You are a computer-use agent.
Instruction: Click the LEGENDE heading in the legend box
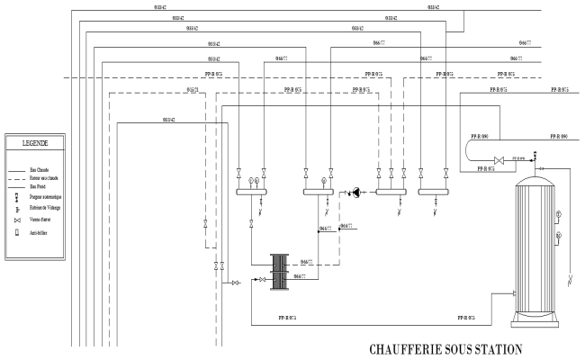(36, 142)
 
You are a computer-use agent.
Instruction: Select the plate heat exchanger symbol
(281, 270)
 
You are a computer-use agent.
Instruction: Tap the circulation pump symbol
(355, 192)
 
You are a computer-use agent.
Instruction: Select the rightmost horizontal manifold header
(434, 192)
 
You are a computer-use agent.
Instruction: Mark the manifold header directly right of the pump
(391, 192)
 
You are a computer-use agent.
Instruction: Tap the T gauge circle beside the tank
(558, 213)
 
